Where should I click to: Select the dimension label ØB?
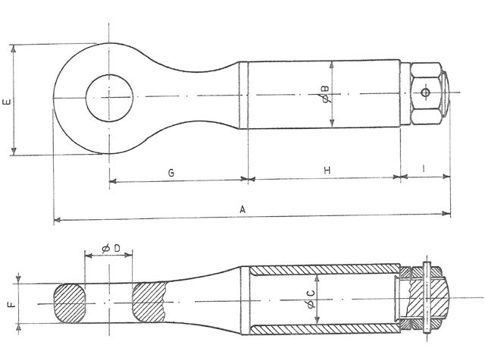click(324, 94)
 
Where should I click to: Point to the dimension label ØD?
click(111, 248)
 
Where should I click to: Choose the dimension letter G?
click(171, 173)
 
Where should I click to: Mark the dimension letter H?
click(327, 171)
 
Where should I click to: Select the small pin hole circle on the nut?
click(427, 93)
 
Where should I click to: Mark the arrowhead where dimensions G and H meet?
click(248, 180)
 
